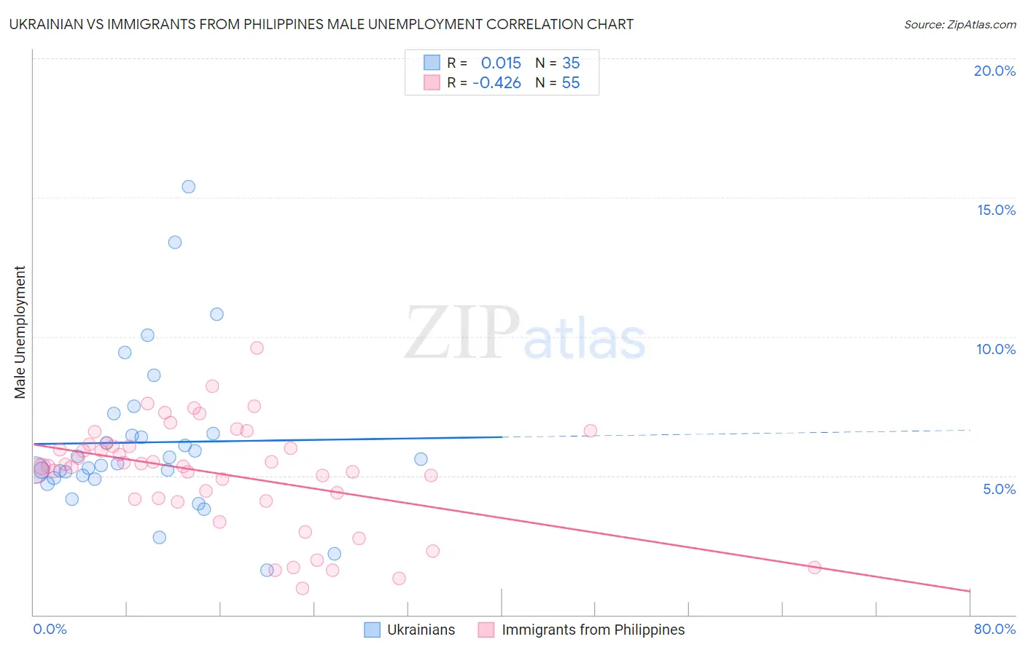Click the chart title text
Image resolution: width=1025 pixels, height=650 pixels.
coord(321,24)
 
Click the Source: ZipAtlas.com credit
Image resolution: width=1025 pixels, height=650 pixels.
coord(959,24)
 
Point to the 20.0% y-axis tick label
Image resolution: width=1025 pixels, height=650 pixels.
coord(994,71)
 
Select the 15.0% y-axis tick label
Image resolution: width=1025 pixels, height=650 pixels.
coord(996,210)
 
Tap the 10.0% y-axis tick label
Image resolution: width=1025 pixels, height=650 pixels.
coord(996,349)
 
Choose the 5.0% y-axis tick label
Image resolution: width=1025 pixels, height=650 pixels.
coord(999,489)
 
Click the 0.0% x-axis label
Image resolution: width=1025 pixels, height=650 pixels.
coord(50,629)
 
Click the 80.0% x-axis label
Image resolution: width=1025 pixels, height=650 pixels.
coord(994,629)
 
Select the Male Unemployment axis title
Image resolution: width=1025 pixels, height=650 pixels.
coord(20,332)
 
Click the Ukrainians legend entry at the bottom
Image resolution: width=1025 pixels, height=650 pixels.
coord(410,630)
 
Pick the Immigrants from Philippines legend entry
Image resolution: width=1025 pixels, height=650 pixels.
coord(582,630)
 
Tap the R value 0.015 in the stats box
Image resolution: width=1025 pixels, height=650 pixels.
coord(501,63)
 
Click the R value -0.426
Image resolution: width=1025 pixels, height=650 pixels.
coord(496,83)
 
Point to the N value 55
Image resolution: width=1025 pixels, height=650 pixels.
coord(571,83)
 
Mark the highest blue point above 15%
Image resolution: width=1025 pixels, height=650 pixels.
coord(188,187)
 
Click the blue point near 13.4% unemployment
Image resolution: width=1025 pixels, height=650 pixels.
coord(175,243)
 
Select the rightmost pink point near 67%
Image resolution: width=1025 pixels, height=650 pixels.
coord(814,568)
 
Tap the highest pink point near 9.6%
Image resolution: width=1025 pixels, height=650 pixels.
coord(257,348)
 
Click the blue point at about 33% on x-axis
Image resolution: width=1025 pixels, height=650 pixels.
coord(421,459)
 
